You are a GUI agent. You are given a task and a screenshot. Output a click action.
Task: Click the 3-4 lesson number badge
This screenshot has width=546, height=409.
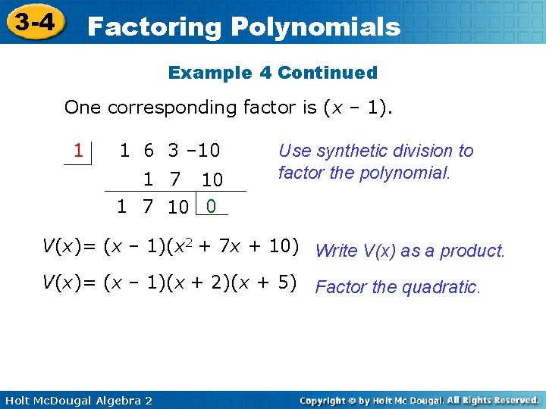[35, 23]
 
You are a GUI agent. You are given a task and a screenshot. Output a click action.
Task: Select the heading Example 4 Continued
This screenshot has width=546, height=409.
[272, 73]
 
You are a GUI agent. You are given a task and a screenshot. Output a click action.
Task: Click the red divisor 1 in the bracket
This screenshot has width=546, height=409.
[78, 150]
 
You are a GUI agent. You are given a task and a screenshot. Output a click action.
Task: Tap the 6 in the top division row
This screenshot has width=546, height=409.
[149, 150]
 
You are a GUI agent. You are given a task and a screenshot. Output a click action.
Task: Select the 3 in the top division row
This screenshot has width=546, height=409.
[174, 150]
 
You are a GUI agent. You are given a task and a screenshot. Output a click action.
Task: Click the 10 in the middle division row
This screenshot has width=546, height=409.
[212, 180]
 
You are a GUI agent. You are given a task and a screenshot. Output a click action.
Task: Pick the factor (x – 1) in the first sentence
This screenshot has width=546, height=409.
[356, 108]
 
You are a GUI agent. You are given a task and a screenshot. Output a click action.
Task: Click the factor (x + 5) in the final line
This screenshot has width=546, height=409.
[265, 283]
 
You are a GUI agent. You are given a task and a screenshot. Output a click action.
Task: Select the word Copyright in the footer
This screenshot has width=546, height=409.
[327, 399]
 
